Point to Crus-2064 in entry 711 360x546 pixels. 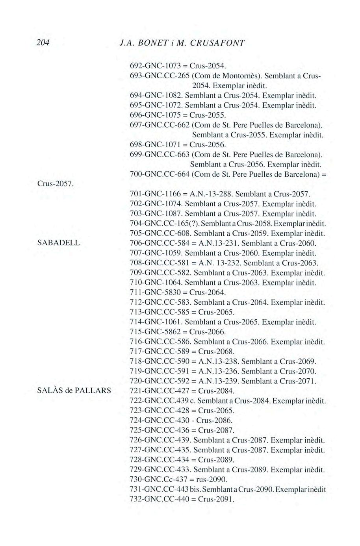tap(207, 292)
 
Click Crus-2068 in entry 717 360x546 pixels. tap(216, 352)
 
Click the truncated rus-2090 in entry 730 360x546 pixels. tap(213, 480)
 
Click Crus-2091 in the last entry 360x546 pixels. tap(216, 500)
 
